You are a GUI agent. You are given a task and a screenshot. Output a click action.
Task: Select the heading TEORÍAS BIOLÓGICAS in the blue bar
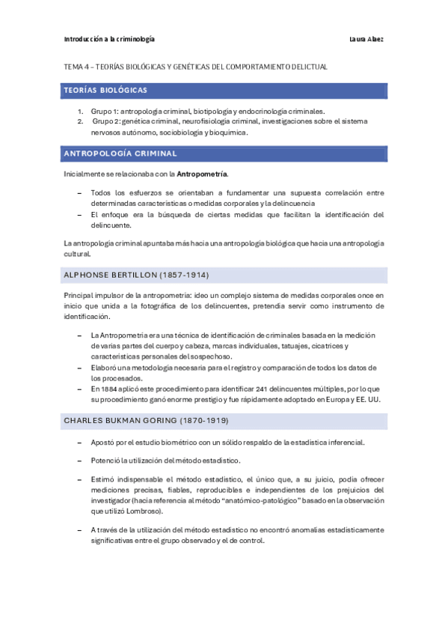click(x=105, y=90)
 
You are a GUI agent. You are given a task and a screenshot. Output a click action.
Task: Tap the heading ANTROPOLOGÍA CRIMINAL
click(x=120, y=154)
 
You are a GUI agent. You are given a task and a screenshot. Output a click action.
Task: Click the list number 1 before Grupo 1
click(x=79, y=110)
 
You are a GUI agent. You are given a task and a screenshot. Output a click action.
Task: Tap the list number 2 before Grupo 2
click(x=79, y=121)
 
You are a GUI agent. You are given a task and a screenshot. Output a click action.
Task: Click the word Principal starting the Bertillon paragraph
click(x=80, y=296)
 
